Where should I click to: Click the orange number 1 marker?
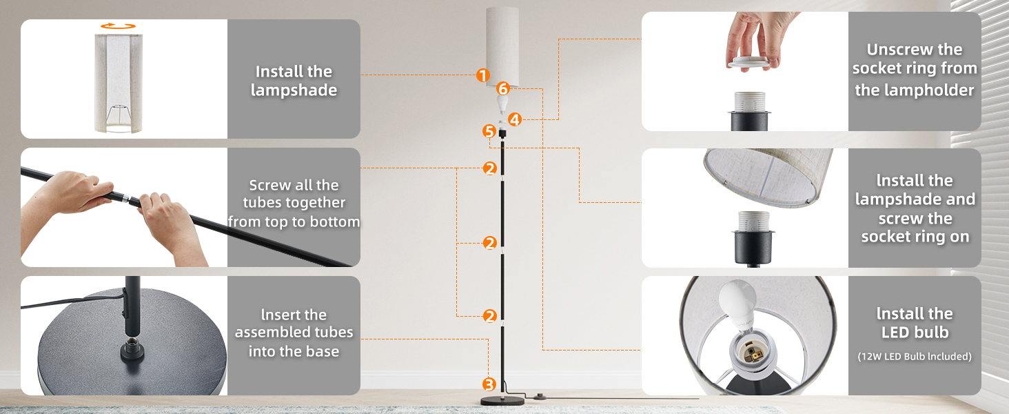483,75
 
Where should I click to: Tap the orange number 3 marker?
489,385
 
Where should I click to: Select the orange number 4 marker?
515,119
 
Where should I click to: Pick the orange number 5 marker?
489,131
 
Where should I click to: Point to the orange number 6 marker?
503,89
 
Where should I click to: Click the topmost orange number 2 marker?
490,168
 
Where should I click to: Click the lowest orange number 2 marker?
490,316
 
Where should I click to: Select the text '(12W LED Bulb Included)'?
915,356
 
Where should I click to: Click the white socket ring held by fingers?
749,62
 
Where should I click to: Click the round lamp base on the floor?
502,401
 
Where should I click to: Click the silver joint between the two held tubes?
125,197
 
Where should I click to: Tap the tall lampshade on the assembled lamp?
502,46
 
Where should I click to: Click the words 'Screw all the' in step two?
294,186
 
